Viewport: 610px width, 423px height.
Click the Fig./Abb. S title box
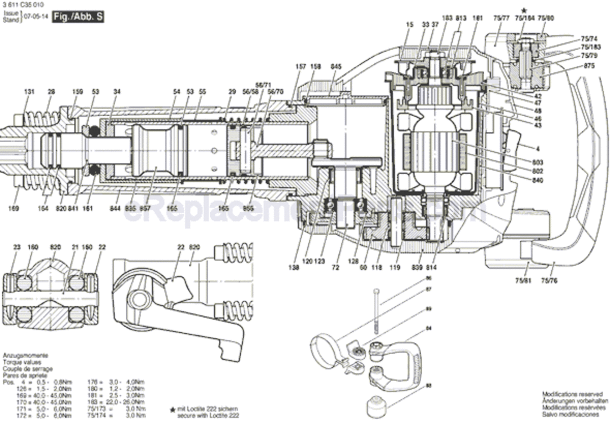(x=78, y=17)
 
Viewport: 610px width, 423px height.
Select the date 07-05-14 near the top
(x=36, y=17)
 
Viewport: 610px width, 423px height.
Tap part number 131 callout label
(x=29, y=91)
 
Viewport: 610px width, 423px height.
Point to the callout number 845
(x=336, y=67)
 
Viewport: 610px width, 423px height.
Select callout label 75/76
(x=550, y=280)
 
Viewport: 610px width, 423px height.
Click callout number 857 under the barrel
(x=145, y=209)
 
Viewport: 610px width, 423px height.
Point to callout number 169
(x=14, y=209)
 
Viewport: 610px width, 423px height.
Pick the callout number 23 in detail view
(x=17, y=246)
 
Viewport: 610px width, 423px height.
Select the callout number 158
(x=315, y=67)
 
